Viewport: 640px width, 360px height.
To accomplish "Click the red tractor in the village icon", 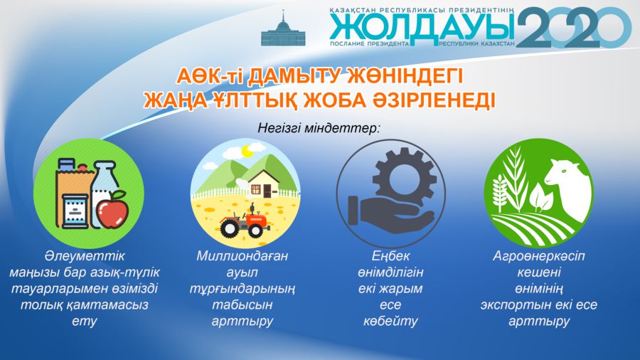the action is tap(243, 223).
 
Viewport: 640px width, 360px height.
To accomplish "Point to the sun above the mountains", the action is tap(247, 152).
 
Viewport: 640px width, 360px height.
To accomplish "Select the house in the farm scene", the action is tap(264, 184).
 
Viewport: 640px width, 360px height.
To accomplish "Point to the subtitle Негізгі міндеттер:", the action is tap(319, 128).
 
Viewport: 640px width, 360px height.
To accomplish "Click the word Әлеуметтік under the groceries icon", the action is tap(85, 256).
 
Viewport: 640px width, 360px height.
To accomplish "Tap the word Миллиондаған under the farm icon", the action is tap(242, 256).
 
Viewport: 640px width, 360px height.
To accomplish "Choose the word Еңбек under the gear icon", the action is tap(390, 256).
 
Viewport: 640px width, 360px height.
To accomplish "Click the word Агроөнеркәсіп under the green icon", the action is tap(539, 256).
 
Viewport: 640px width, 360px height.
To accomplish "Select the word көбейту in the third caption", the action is tap(390, 321).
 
